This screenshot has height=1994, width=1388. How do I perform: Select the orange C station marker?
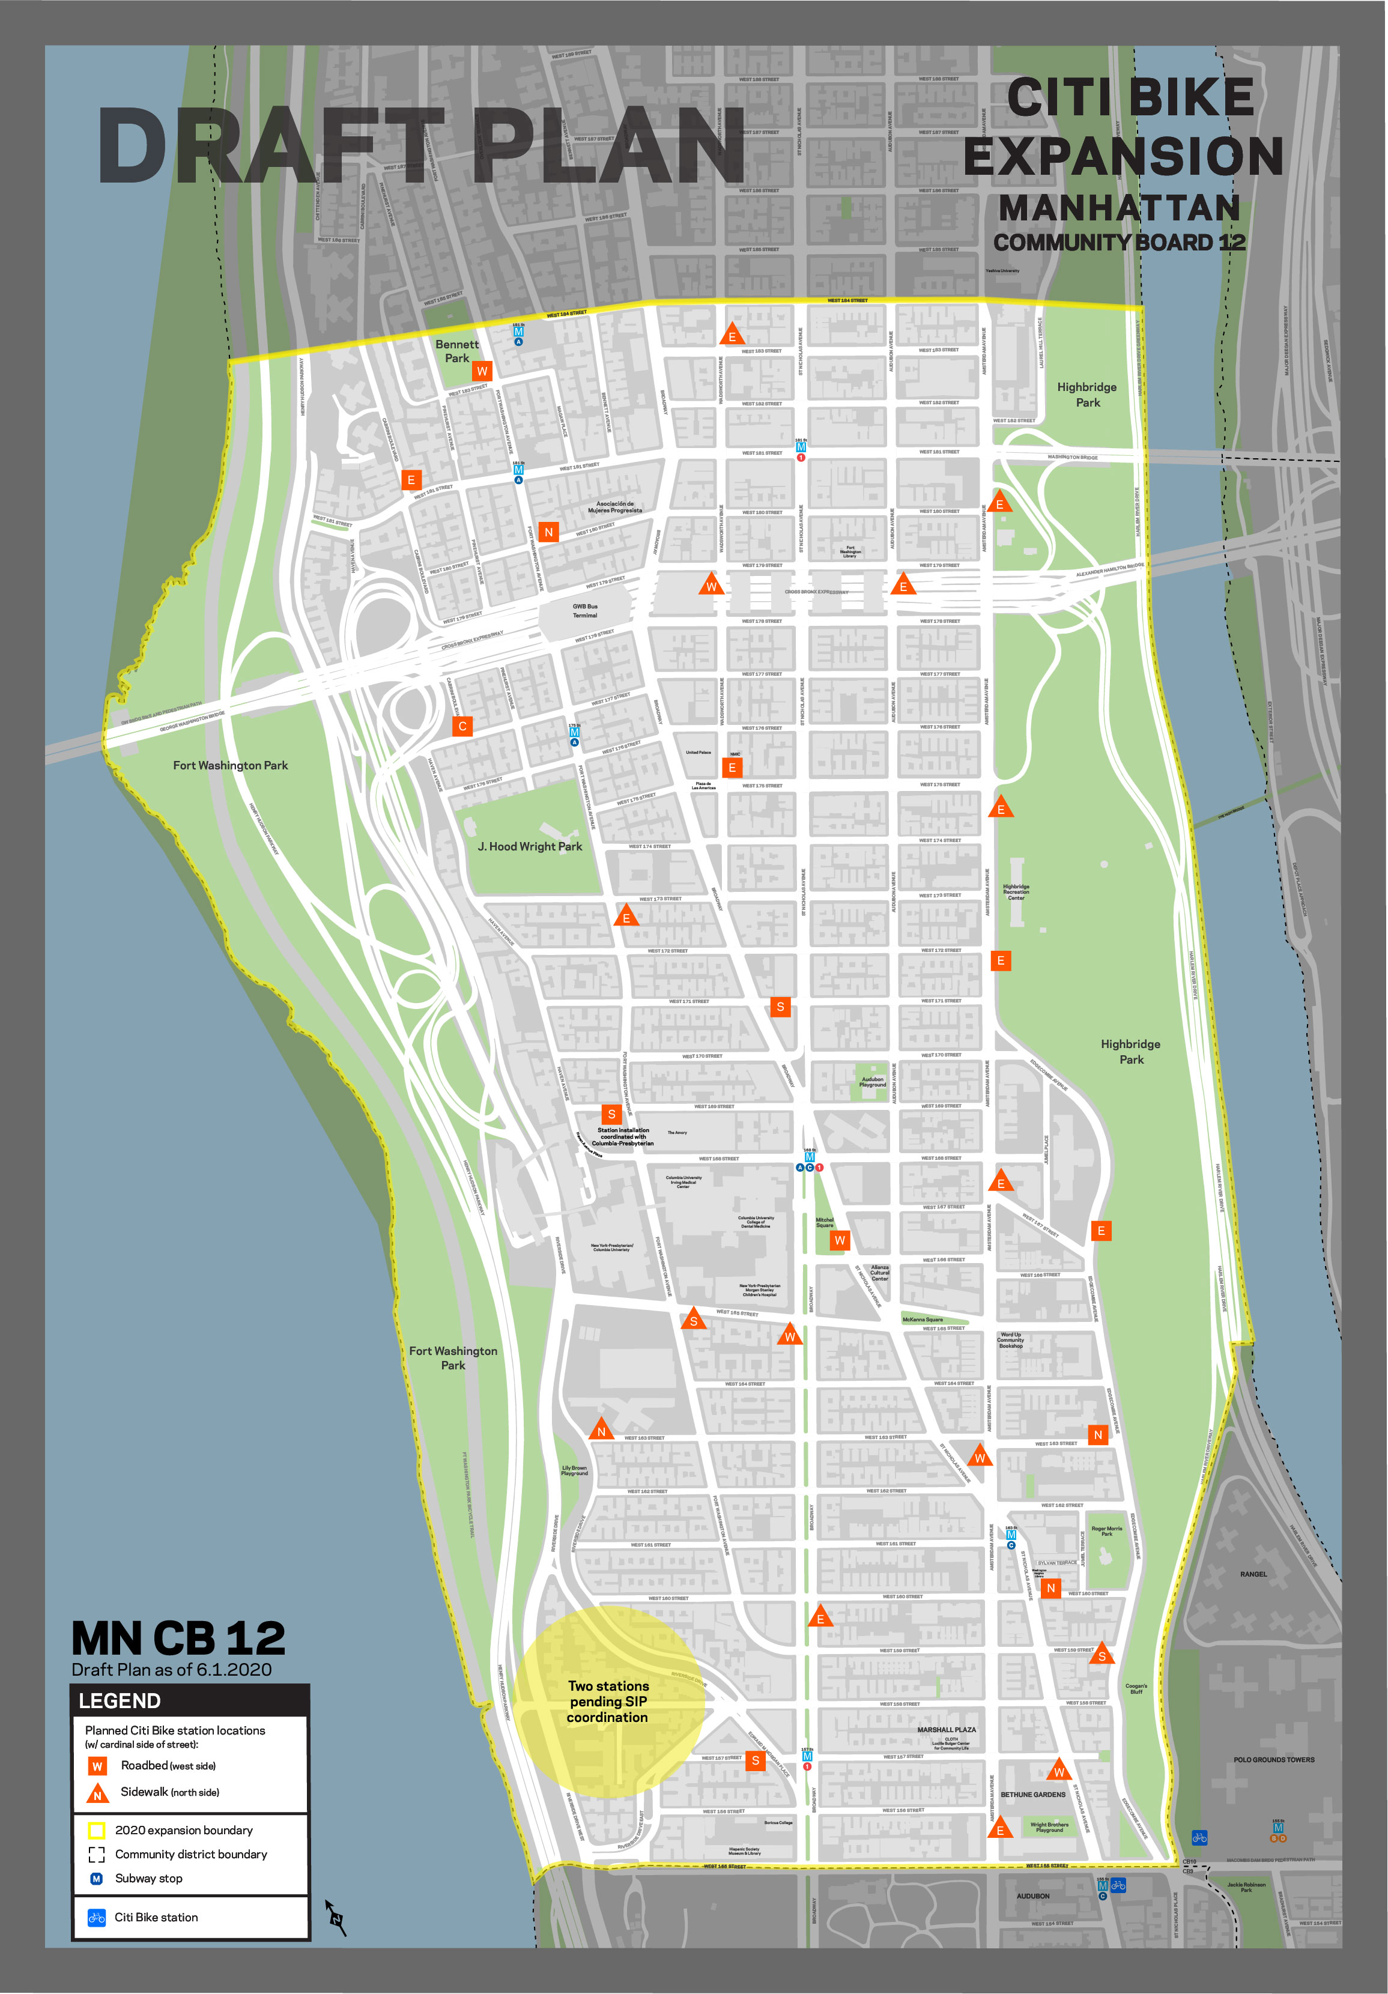click(462, 726)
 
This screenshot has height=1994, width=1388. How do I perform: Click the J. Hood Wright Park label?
click(530, 846)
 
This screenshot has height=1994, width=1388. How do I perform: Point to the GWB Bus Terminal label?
click(584, 611)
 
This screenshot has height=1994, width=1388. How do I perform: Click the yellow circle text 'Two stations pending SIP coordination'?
click(608, 1702)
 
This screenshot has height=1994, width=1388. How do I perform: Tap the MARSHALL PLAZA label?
click(946, 1729)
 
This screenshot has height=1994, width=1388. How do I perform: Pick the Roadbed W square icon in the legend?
click(97, 1766)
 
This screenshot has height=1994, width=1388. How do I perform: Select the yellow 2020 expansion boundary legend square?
click(97, 1831)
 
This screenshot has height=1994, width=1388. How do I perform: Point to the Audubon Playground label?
click(872, 1081)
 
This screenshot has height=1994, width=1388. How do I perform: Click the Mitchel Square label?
click(824, 1222)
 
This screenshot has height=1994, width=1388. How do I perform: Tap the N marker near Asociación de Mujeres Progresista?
click(548, 532)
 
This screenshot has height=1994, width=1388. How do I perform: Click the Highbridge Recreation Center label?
click(1016, 892)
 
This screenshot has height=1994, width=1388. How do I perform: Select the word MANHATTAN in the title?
click(1119, 208)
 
